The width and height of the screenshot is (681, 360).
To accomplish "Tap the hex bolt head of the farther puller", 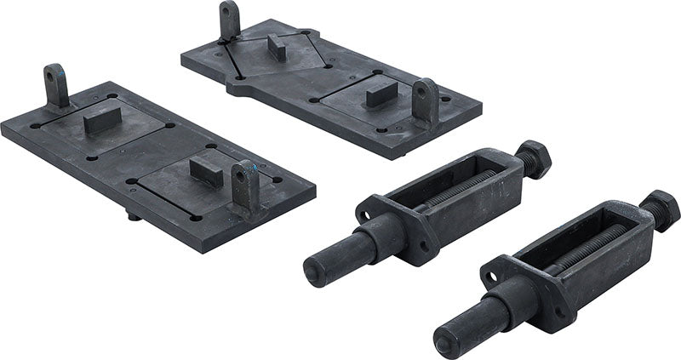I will [533, 158].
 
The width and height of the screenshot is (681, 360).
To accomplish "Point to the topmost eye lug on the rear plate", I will [229, 20].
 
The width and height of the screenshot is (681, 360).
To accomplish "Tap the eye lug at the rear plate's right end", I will [425, 100].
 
